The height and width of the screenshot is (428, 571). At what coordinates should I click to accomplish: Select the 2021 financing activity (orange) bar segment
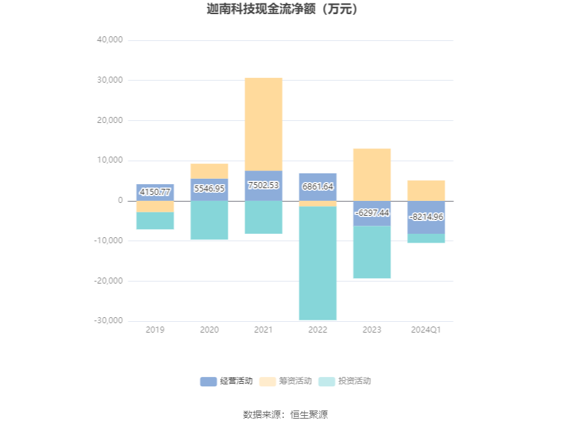tap(263, 124)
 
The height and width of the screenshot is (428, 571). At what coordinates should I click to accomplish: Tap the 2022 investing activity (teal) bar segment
tap(318, 263)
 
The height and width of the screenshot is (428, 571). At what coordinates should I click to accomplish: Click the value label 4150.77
tap(155, 193)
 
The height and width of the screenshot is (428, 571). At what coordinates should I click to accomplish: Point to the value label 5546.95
tap(209, 189)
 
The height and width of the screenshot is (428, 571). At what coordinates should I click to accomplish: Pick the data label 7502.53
tap(263, 185)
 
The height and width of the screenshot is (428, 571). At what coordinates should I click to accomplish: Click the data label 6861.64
tap(318, 187)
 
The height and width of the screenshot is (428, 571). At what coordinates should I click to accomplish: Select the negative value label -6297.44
tap(371, 212)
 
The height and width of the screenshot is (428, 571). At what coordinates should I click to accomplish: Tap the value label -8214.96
tap(426, 217)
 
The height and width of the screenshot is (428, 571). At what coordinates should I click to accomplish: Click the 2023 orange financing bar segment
tap(371, 175)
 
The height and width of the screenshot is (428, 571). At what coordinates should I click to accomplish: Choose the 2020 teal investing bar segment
tap(209, 220)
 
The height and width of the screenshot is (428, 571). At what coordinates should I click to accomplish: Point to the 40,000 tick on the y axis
tap(109, 40)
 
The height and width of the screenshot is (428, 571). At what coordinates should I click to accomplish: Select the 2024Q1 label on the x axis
tap(426, 330)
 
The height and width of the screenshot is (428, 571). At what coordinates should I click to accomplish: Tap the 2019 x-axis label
tap(155, 330)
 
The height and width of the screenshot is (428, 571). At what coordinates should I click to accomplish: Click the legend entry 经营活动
tap(227, 381)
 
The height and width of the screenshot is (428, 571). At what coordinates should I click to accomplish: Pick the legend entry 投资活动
tap(345, 381)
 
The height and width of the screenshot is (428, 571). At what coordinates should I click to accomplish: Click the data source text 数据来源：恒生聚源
tap(285, 415)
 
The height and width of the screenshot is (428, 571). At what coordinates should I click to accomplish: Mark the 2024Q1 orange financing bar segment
tap(426, 191)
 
